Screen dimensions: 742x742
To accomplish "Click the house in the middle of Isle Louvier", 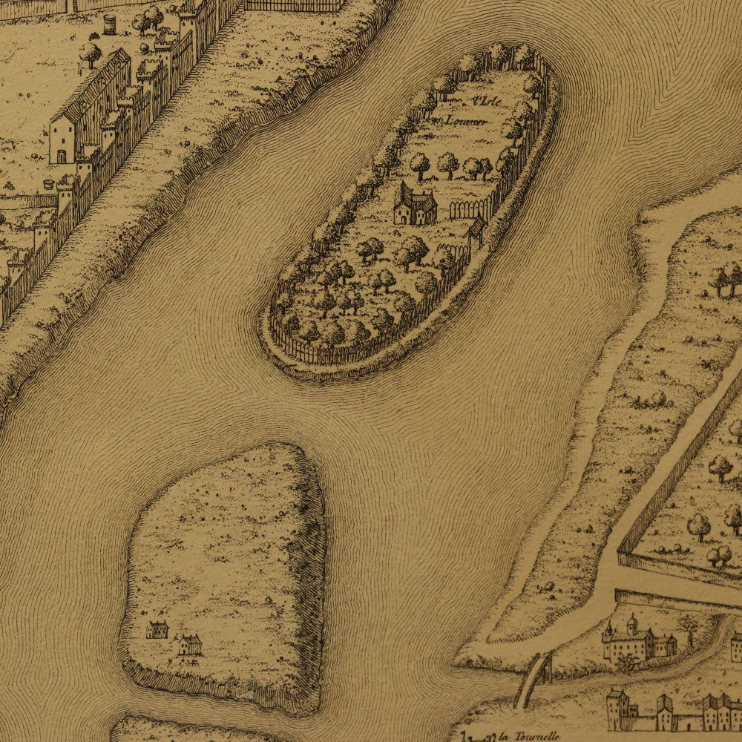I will coord(414,206).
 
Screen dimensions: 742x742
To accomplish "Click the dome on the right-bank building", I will coord(631,622).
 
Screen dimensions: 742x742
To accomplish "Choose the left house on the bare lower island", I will coord(157,630).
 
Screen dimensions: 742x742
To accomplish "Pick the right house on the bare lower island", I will coord(190,644).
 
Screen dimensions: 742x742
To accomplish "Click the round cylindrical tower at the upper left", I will coord(110,24).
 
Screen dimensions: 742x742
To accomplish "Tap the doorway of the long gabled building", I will coord(62,156).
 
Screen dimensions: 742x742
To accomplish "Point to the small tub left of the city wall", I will coord(50,184).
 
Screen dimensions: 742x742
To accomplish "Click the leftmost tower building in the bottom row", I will coord(617,709).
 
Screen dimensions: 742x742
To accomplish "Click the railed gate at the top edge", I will coord(295,5).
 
